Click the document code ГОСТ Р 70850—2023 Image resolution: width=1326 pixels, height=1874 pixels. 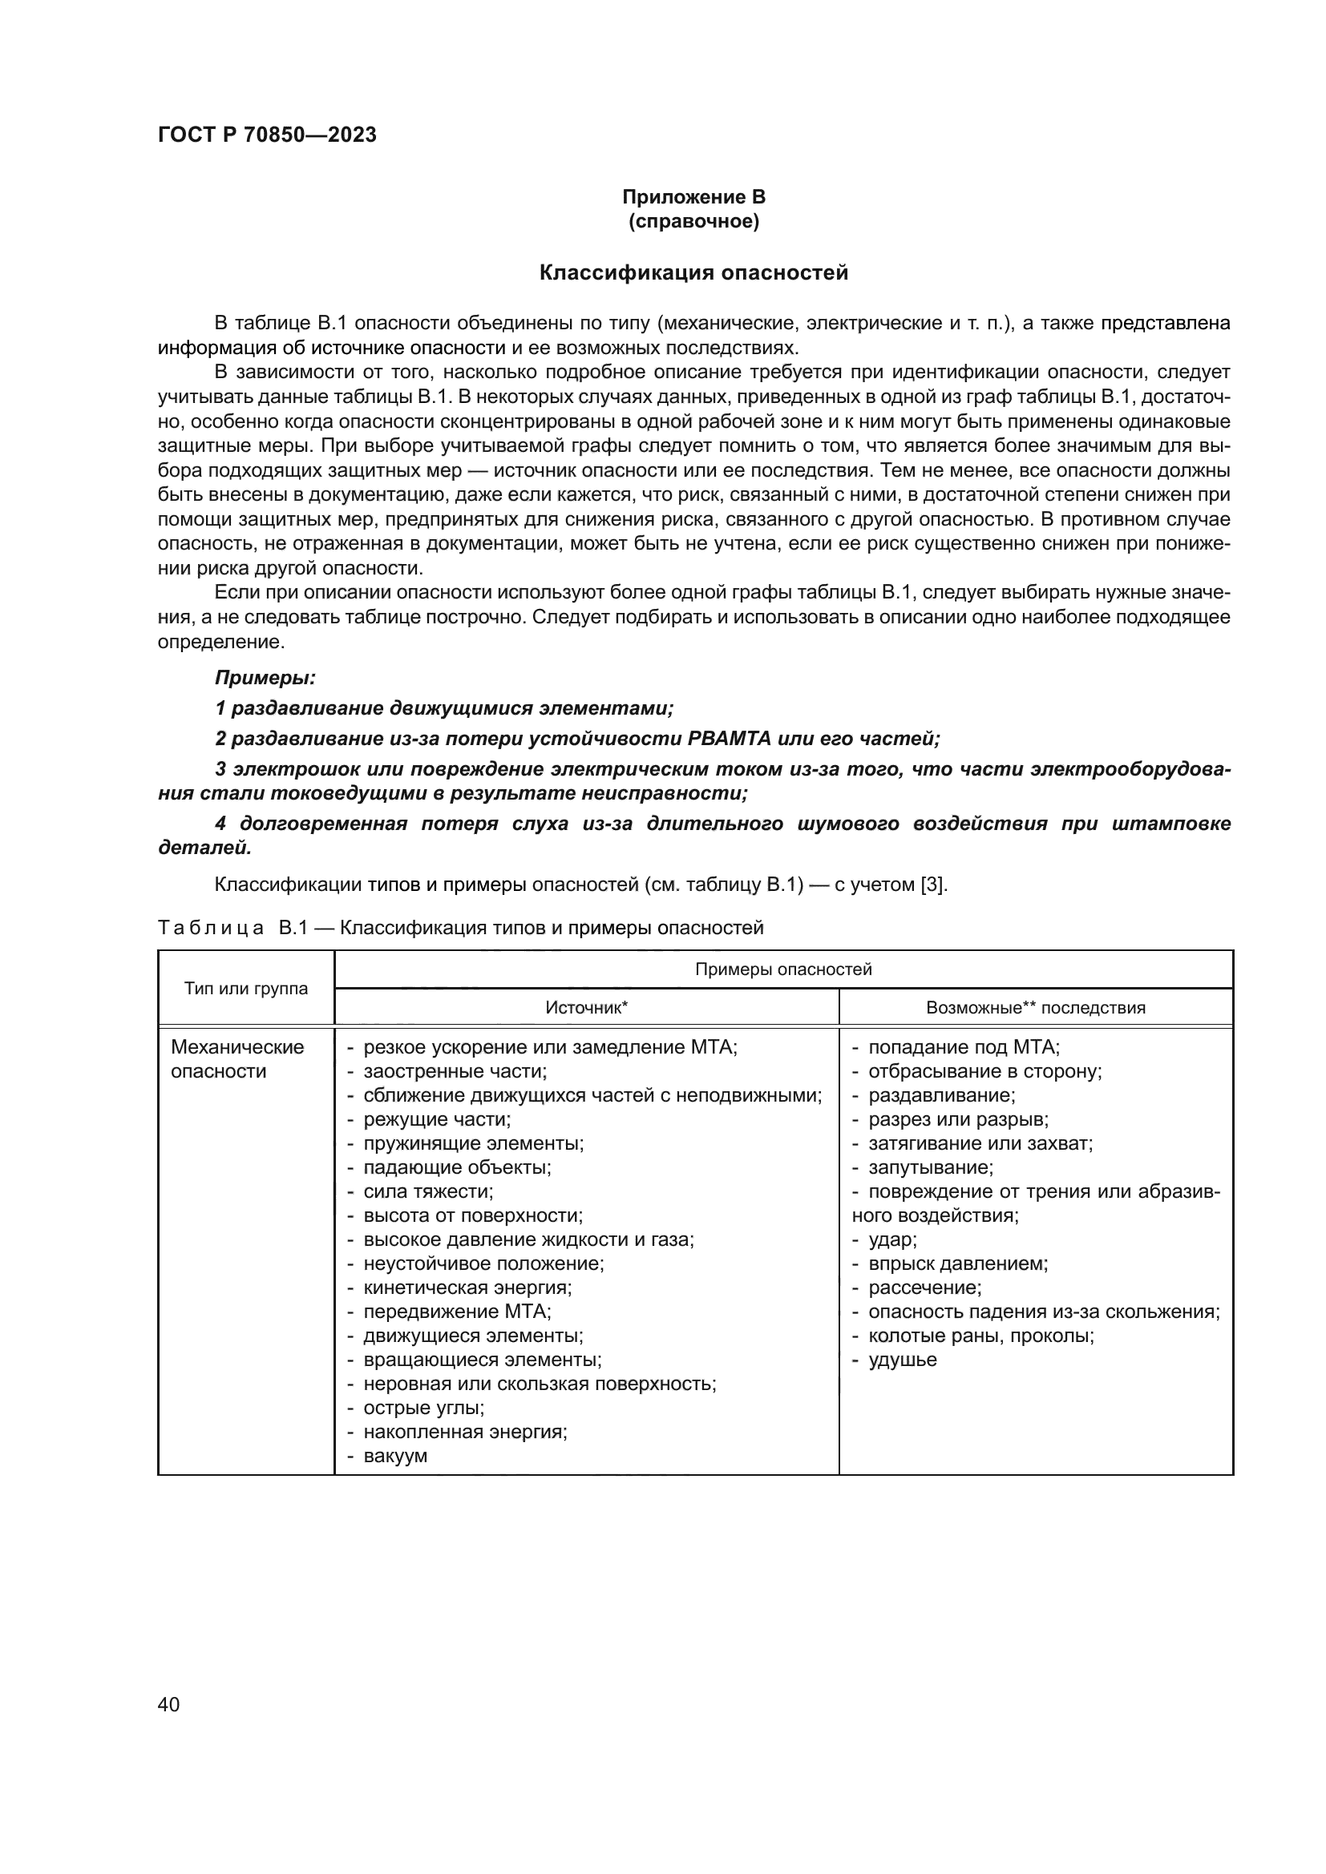[267, 135]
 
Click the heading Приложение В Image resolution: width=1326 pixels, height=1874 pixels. [693, 197]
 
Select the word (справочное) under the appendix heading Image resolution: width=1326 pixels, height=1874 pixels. [693, 221]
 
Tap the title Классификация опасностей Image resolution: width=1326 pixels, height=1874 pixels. [693, 272]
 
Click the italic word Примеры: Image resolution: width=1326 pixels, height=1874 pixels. [265, 678]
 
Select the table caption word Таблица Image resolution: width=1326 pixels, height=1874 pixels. [211, 928]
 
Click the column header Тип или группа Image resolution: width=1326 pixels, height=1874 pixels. [246, 989]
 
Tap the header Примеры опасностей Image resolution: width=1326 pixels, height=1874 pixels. [783, 969]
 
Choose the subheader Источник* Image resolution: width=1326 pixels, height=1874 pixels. [586, 1007]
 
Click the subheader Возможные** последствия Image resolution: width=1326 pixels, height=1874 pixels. [1035, 1007]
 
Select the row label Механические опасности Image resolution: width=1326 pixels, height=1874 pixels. [236, 1058]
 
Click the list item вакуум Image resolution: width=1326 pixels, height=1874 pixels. [395, 1455]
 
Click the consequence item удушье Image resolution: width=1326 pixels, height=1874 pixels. [902, 1359]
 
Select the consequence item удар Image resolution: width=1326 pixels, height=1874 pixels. [891, 1239]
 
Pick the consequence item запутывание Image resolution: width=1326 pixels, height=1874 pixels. [930, 1167]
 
